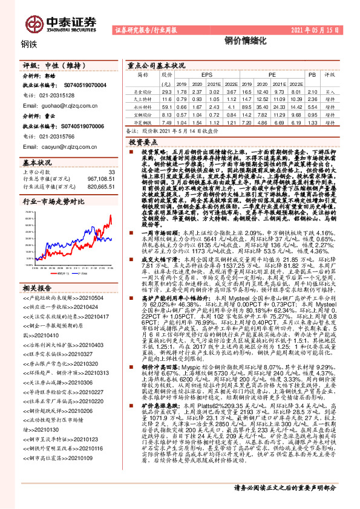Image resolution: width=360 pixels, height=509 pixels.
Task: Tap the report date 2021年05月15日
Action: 324,29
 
